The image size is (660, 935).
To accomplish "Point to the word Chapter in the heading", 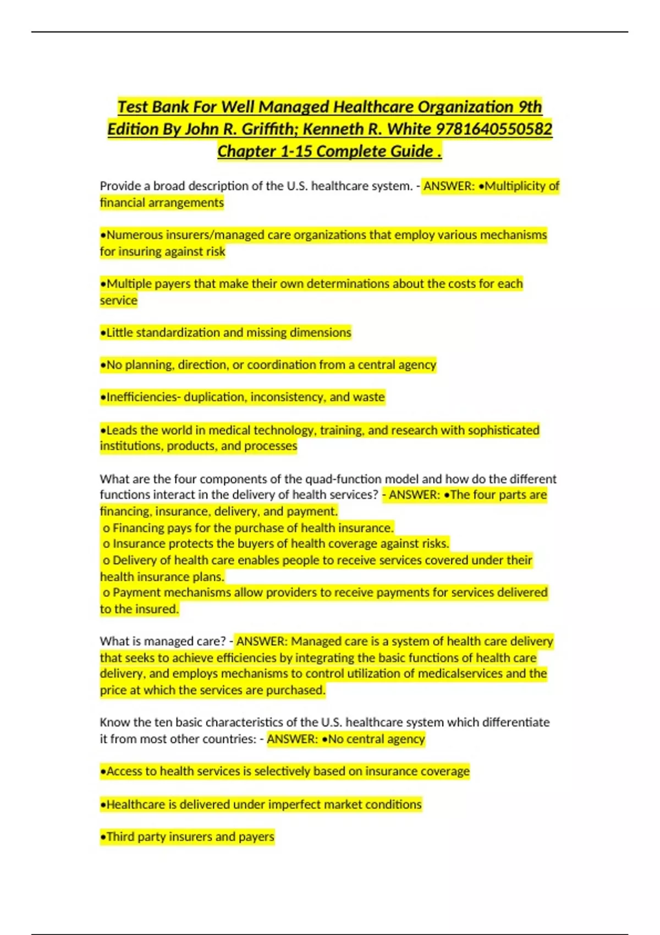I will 246,151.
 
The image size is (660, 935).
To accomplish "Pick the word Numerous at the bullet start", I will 133,235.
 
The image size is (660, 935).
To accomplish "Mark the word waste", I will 369,397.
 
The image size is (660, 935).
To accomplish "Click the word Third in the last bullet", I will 120,837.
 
